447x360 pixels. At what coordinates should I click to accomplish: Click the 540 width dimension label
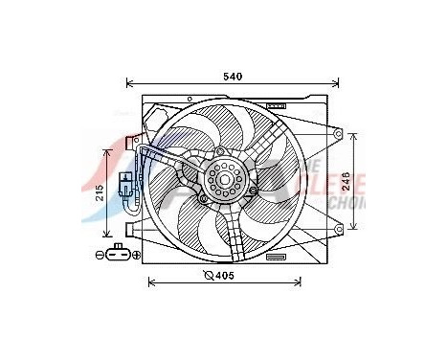tap(233, 76)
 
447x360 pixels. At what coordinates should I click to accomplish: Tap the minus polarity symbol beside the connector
tap(100, 256)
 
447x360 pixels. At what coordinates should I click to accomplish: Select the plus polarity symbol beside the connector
tap(136, 256)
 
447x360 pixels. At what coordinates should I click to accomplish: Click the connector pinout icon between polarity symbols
tap(118, 255)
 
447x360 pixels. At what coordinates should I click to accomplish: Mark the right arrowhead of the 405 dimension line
tap(300, 281)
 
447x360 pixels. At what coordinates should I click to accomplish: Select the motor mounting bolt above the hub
tap(221, 151)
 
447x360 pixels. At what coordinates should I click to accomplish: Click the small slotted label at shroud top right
tap(277, 104)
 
